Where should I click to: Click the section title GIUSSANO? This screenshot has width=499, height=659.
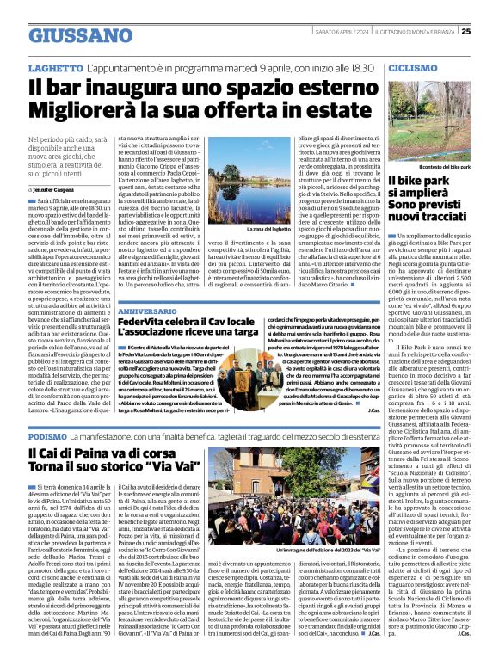pyautogui.click(x=83, y=36)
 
